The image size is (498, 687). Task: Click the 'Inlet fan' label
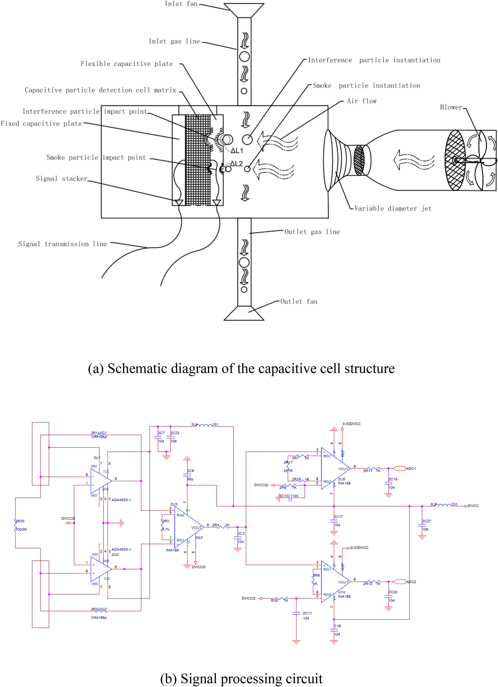tap(181, 4)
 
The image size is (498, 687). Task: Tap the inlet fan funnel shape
tap(244, 10)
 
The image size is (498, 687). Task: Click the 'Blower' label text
tap(451, 107)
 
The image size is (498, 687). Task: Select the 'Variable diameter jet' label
tap(393, 209)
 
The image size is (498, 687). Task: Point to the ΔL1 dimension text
tap(237, 151)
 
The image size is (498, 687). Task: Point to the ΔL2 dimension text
tap(236, 163)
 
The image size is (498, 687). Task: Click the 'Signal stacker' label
tap(61, 178)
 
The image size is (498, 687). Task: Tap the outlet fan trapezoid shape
tap(244, 314)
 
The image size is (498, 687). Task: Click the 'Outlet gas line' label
tap(312, 232)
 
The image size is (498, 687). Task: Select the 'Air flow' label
tap(362, 101)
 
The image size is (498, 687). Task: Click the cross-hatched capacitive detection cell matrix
tap(198, 161)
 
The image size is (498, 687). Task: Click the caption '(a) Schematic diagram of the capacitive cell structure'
tap(241, 369)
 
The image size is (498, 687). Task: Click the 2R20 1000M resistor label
tap(21, 525)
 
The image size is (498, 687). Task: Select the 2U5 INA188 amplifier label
tap(344, 481)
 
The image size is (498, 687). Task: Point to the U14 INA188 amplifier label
tap(344, 594)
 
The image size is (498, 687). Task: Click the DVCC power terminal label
tap(473, 506)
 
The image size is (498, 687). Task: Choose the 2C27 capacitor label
tap(426, 525)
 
